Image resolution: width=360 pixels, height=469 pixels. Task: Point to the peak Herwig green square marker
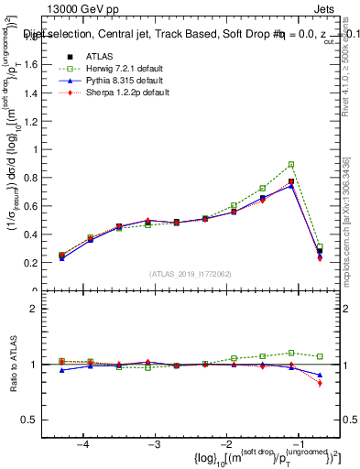point(291,165)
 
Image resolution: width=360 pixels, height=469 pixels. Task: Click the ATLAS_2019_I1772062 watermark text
point(189,274)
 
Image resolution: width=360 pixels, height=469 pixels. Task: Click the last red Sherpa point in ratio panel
point(320,383)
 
